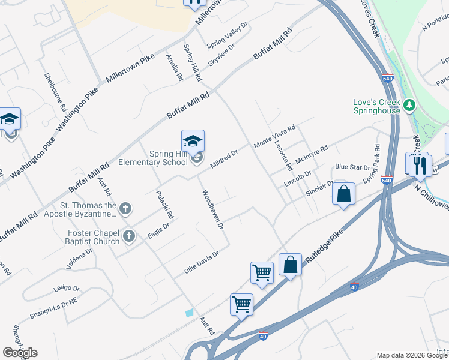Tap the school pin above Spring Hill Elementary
(x=193, y=141)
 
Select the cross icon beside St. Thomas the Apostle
(x=125, y=209)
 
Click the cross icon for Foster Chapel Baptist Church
(x=128, y=237)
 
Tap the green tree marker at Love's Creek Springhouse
(x=410, y=106)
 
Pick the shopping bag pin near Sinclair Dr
(x=343, y=194)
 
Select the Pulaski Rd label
(x=164, y=205)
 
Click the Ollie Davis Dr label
(x=201, y=263)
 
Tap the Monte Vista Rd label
(x=275, y=137)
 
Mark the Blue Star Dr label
(x=352, y=167)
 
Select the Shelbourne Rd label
(x=55, y=92)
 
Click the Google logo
(x=20, y=353)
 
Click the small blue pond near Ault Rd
(x=190, y=313)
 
